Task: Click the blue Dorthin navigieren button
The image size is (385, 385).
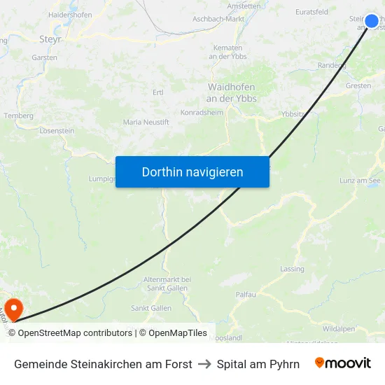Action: [192, 171]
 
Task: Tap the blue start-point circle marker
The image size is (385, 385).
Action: [372, 21]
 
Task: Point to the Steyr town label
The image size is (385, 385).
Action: [50, 40]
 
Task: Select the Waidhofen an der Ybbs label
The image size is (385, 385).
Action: [232, 93]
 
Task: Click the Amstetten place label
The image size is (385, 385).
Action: [244, 6]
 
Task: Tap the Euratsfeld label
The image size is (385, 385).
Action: [312, 12]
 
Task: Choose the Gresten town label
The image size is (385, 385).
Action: [358, 85]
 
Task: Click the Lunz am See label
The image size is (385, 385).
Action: [360, 181]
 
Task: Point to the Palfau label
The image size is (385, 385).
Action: [246, 295]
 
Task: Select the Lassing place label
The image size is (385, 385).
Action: [292, 269]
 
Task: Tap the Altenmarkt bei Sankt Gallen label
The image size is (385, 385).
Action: [167, 283]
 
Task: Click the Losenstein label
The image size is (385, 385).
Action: [57, 131]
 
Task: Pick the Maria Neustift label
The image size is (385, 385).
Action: [146, 122]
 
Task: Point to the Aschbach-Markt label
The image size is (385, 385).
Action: [218, 19]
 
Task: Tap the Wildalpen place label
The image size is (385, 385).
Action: [338, 328]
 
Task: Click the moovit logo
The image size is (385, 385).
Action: [343, 363]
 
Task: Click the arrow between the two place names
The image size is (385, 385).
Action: [204, 364]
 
